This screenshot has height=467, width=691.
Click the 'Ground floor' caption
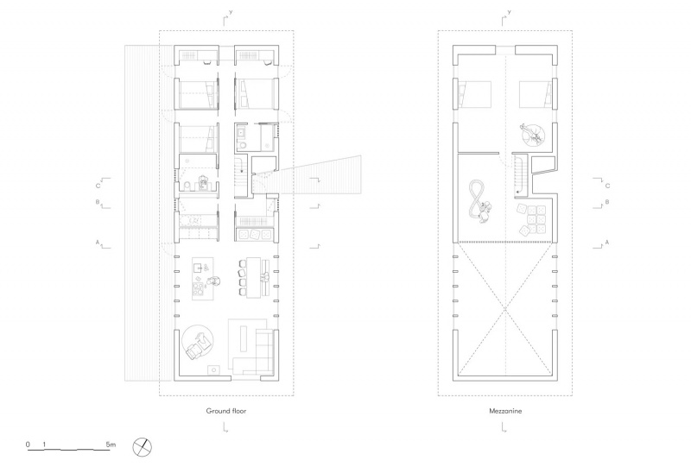click(x=226, y=411)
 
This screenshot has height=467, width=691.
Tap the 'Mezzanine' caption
click(x=505, y=411)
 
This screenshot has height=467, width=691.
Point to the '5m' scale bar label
click(x=111, y=444)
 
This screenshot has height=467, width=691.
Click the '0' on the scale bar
click(x=28, y=444)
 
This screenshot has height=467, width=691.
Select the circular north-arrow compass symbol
click(x=142, y=447)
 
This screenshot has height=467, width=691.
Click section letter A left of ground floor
click(x=98, y=242)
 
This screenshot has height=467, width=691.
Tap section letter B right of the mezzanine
click(x=607, y=202)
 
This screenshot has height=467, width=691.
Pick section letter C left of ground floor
click(x=98, y=186)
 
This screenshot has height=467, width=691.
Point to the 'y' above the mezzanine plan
click(x=510, y=12)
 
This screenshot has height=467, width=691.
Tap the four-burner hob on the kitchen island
click(x=199, y=288)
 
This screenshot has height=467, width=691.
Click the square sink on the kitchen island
click(x=198, y=267)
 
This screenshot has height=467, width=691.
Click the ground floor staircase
click(x=241, y=175)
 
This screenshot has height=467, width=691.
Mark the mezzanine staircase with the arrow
click(x=520, y=174)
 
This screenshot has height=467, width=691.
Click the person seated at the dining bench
click(x=265, y=277)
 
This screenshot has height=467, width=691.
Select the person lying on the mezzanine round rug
click(x=531, y=135)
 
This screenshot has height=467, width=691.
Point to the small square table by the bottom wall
click(x=214, y=369)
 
